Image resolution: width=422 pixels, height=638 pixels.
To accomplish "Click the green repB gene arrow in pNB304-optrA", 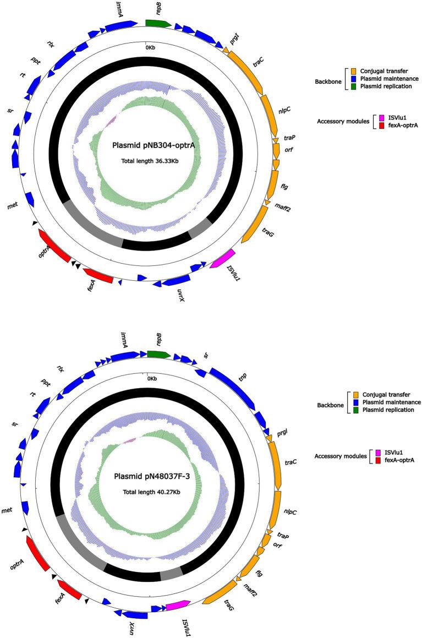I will (x=158, y=23).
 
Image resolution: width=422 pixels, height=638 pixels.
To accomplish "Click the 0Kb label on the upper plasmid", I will (x=150, y=48).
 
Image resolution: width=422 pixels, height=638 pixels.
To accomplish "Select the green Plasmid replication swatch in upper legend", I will (x=354, y=86).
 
